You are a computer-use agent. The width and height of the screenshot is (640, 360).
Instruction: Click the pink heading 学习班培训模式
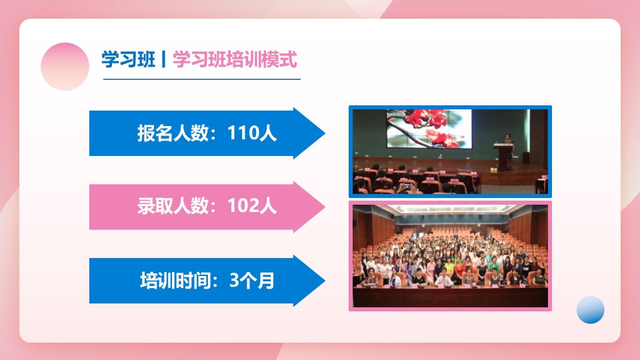click(234, 60)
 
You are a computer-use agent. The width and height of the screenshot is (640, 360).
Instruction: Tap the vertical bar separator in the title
click(163, 60)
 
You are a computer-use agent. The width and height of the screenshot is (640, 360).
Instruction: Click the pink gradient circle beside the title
click(65, 67)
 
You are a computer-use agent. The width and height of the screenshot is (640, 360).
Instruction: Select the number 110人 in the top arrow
click(252, 133)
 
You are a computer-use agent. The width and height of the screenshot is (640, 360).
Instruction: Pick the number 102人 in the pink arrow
click(252, 206)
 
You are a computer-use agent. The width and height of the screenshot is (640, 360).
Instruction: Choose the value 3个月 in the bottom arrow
click(252, 280)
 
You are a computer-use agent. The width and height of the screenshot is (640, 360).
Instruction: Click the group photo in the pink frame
click(450, 257)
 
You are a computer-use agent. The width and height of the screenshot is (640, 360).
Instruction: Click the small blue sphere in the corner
click(590, 309)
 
